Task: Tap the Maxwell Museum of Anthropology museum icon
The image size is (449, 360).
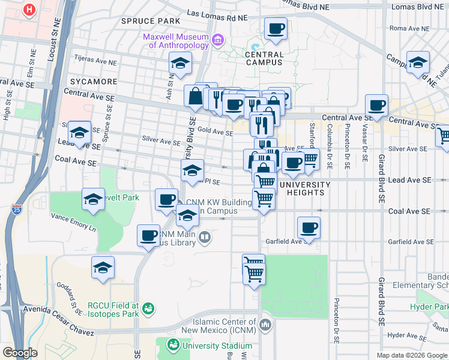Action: point(218,41)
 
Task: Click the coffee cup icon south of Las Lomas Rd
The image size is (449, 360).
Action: point(276,28)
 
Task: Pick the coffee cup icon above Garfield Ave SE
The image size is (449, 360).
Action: point(309,227)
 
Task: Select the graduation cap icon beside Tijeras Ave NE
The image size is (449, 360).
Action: point(179,62)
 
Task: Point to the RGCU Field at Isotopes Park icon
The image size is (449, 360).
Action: point(148,309)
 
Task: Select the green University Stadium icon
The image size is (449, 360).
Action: point(173,345)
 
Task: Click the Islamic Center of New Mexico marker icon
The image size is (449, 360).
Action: point(266,326)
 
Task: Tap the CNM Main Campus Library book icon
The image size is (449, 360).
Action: point(205,238)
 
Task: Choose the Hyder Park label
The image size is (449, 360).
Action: point(429,307)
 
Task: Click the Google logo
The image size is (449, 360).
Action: point(20,353)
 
